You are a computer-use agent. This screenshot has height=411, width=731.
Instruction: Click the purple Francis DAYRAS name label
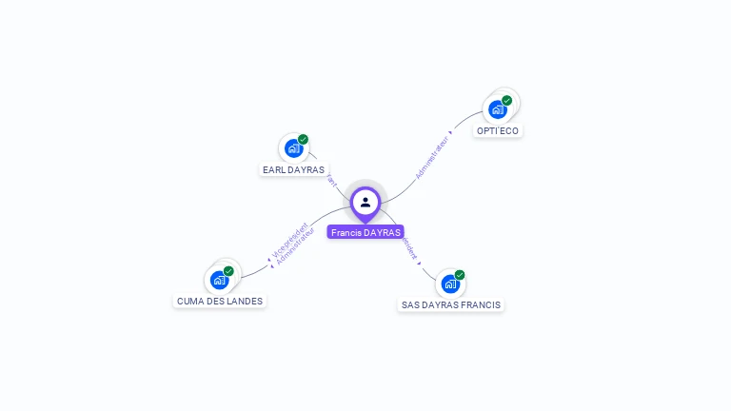pyautogui.click(x=365, y=232)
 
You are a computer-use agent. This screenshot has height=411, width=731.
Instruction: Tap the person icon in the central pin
pyautogui.click(x=365, y=202)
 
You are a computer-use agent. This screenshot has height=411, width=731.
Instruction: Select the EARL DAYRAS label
pyautogui.click(x=293, y=170)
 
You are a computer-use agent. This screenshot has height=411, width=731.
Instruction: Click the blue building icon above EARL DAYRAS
pyautogui.click(x=293, y=148)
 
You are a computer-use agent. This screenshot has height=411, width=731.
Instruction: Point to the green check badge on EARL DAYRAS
pyautogui.click(x=303, y=140)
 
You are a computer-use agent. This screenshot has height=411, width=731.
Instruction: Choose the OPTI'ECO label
pyautogui.click(x=498, y=130)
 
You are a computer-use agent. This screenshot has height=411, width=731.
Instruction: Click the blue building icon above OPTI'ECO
pyautogui.click(x=497, y=109)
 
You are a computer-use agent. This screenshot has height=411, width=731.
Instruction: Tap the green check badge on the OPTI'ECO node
pyautogui.click(x=506, y=101)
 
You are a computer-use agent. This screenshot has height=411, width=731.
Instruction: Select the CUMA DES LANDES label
pyautogui.click(x=220, y=301)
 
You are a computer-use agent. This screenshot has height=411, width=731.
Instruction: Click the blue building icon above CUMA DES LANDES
pyautogui.click(x=219, y=280)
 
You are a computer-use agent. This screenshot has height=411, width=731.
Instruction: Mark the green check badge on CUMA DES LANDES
pyautogui.click(x=228, y=271)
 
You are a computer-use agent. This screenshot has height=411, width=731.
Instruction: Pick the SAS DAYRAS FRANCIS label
pyautogui.click(x=451, y=304)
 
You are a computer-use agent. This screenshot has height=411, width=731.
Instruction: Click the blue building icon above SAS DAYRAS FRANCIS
pyautogui.click(x=450, y=284)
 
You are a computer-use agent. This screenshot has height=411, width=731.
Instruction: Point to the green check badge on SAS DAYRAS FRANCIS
pyautogui.click(x=460, y=275)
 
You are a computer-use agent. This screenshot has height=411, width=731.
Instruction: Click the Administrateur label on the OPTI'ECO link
pyautogui.click(x=432, y=157)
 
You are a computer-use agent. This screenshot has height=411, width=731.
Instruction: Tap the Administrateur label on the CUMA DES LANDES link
pyautogui.click(x=294, y=245)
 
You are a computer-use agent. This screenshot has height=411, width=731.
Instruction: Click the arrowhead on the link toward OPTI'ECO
pyautogui.click(x=451, y=132)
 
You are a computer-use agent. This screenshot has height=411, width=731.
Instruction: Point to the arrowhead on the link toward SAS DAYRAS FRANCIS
pyautogui.click(x=419, y=264)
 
